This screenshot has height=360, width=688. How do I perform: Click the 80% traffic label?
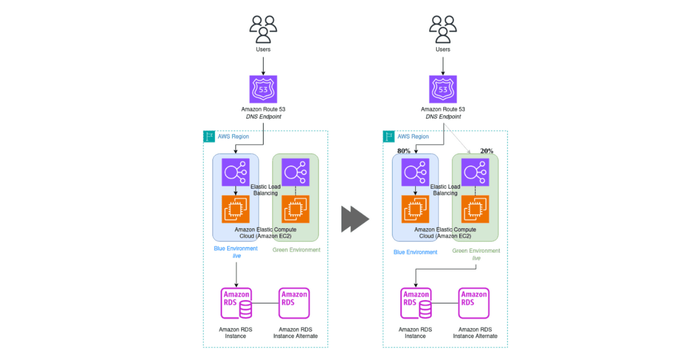(x=404, y=151)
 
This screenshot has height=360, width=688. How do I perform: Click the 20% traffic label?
(x=487, y=151)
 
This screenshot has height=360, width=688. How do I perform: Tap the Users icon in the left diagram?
(x=263, y=29)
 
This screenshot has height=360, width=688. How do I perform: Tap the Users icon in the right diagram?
(x=443, y=29)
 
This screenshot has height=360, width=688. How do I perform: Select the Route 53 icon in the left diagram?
(x=263, y=89)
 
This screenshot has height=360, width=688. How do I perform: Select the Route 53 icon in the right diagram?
(x=443, y=89)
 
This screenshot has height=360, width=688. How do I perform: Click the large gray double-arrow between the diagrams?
(x=355, y=219)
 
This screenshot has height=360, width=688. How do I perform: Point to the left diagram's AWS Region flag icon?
(x=209, y=136)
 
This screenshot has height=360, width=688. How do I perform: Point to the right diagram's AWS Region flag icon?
(x=389, y=136)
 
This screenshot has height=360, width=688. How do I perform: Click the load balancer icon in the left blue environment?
(x=236, y=173)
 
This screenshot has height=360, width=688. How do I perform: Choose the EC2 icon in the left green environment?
(x=295, y=209)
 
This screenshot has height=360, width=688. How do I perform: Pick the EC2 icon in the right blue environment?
(x=415, y=209)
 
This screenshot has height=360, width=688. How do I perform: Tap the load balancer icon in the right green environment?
(x=475, y=173)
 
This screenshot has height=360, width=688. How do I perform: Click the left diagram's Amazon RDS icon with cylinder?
(x=236, y=303)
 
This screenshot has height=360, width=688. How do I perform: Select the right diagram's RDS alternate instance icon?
(x=474, y=303)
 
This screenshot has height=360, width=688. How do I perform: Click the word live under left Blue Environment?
(x=236, y=256)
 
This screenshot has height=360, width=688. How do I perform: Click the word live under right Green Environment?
(x=476, y=258)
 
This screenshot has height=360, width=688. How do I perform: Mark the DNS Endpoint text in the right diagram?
(x=443, y=117)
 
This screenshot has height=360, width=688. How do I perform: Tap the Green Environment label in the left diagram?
(x=296, y=250)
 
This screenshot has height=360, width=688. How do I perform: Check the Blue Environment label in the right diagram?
(x=415, y=252)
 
